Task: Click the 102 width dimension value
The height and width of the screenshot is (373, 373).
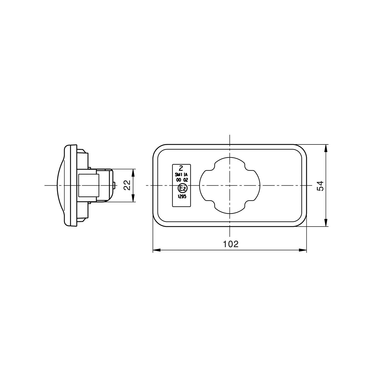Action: pos(230,244)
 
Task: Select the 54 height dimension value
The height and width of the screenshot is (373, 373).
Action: pos(320,186)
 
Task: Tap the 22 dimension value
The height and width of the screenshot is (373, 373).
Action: pos(127,185)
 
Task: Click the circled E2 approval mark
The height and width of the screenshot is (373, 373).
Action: pos(181,188)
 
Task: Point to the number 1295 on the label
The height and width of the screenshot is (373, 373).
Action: pos(182,197)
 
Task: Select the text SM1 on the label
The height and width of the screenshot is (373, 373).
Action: pos(178,175)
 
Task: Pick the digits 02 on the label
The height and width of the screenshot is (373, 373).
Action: pos(185,180)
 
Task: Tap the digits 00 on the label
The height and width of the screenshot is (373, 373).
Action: pos(178,180)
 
